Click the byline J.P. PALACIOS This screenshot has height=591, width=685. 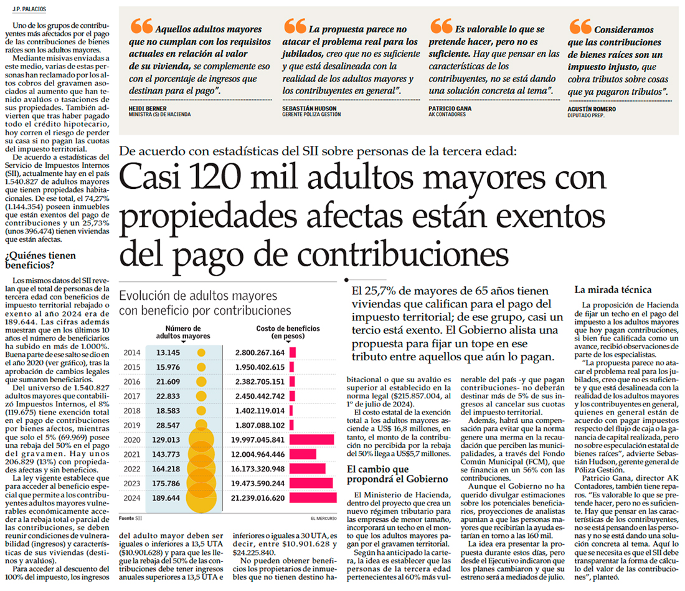tap(26, 9)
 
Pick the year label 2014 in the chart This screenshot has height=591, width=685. tap(133, 352)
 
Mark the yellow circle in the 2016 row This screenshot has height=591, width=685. tap(201, 382)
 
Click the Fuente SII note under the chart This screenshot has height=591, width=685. tap(131, 517)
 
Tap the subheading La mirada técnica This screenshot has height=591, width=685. tap(613, 289)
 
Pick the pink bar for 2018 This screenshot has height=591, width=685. tap(292, 410)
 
